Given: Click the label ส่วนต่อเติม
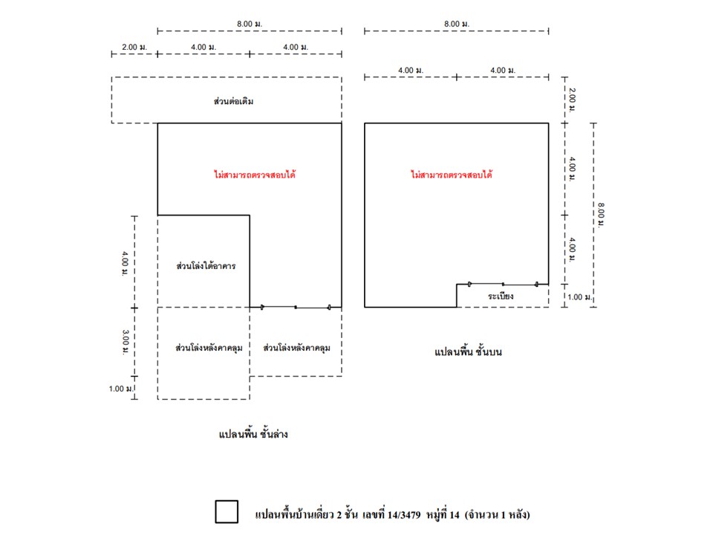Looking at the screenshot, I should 233,100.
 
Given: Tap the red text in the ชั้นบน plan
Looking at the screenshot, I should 452,175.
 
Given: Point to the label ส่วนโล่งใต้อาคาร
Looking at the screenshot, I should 206,265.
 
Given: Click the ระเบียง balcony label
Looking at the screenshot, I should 501,296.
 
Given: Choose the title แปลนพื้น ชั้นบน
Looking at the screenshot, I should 468,351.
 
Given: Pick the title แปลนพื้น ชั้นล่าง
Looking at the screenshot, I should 253,434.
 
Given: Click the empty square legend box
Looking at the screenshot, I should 227,512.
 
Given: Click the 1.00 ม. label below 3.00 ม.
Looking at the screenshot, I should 117,388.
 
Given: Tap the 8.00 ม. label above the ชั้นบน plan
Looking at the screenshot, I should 456,24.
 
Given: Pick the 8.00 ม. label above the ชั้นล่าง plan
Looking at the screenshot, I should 250,24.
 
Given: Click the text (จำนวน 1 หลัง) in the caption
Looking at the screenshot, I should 497,513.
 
